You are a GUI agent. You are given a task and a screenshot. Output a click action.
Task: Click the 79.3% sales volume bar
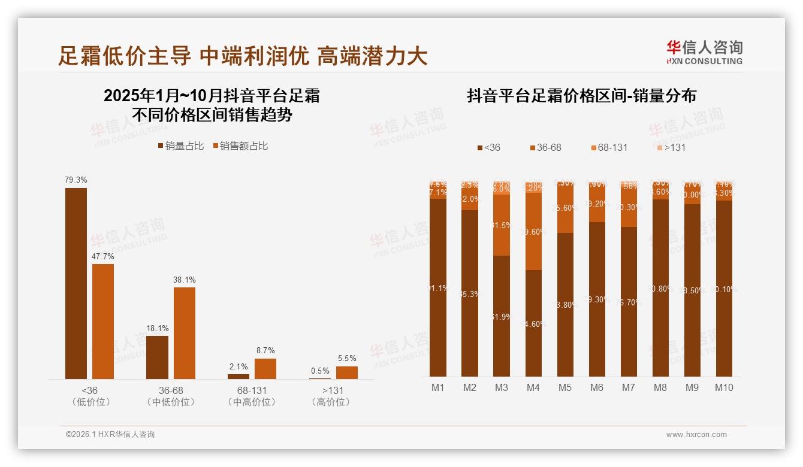coord(76,283)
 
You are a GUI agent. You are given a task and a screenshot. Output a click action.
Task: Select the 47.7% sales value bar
coord(103,322)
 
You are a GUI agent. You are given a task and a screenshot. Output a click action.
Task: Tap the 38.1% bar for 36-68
coord(185,333)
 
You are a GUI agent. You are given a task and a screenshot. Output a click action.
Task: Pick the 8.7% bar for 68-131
coord(265,369)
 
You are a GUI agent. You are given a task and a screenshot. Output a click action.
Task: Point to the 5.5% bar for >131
coord(347,372)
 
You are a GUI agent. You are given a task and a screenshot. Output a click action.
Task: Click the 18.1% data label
coord(158,328)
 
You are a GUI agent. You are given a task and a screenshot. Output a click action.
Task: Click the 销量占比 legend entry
coord(181,146)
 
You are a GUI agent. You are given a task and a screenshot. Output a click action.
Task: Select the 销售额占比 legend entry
coord(240,146)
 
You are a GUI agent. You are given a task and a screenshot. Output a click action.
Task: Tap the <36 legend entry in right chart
coord(488,147)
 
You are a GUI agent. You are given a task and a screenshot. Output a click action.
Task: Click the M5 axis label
coord(565,387)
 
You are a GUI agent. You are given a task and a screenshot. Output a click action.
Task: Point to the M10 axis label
coord(724,387)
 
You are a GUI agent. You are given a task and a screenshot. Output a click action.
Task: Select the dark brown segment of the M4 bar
coord(533,323)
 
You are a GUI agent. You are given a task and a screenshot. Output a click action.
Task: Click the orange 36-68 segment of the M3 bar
coord(502,225)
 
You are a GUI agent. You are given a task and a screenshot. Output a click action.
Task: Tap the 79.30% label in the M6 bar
coord(597,299)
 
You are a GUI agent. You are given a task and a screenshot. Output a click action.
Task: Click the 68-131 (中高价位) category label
coord(252,396)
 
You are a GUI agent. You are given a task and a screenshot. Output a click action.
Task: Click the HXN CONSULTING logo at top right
coord(705,53)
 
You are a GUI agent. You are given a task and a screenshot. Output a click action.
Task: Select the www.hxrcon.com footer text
coord(696,435)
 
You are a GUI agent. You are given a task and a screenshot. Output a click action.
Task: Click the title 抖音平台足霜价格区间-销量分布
coord(581,96)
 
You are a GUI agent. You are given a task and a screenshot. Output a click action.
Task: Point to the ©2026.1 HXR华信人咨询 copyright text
coord(110,435)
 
